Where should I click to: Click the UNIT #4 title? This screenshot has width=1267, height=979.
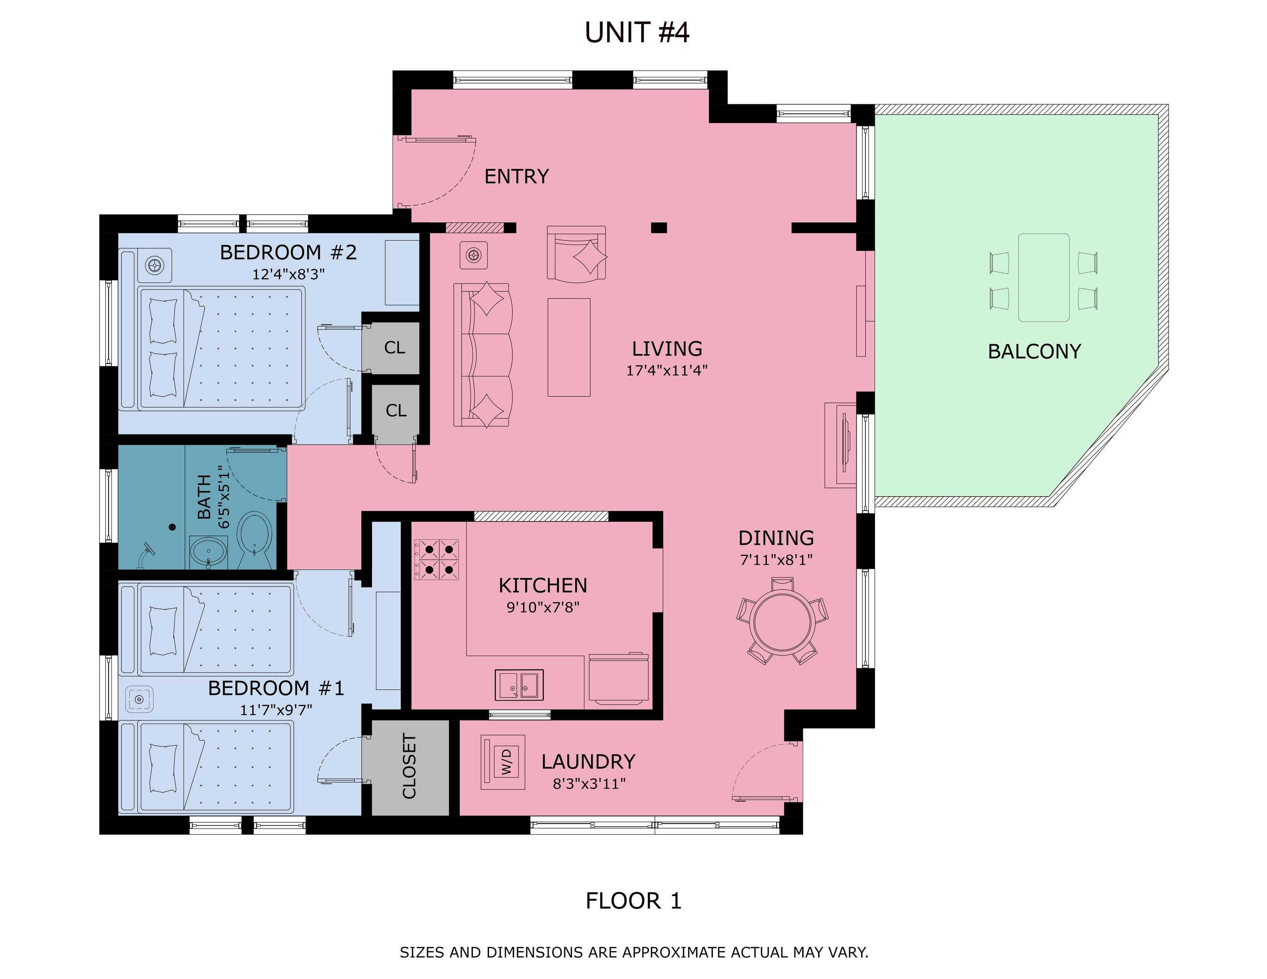(x=636, y=33)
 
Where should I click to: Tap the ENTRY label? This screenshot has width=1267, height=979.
(x=517, y=176)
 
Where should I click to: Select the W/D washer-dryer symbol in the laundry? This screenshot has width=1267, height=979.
(x=503, y=762)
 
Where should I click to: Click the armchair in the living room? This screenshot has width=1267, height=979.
(x=576, y=254)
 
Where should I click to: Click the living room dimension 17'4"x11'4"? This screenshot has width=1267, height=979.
(x=666, y=370)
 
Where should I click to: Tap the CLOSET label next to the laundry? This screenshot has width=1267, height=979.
(x=410, y=766)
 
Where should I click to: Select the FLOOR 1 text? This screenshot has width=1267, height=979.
(x=633, y=901)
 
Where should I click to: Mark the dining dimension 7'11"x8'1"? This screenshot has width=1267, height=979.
(x=776, y=560)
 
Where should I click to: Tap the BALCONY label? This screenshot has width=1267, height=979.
(x=1034, y=351)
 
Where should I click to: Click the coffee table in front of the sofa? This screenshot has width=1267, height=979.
(x=568, y=348)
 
